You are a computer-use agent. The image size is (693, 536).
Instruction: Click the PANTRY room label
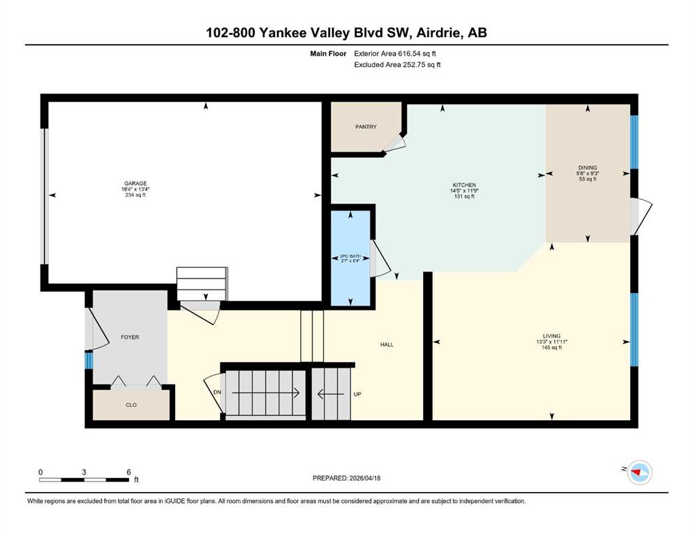click(x=366, y=127)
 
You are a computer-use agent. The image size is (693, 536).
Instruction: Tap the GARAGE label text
click(x=135, y=184)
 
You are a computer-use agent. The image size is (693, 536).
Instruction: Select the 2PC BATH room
click(x=351, y=258)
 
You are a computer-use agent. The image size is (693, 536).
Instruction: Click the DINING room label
click(x=588, y=168)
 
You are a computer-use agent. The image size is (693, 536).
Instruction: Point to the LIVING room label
click(x=551, y=336)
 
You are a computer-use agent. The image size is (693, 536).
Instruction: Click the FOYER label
click(x=130, y=337)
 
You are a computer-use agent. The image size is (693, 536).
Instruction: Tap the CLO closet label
click(x=131, y=405)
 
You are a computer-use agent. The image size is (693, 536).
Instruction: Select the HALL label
click(x=387, y=345)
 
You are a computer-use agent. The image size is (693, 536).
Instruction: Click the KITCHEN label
click(x=464, y=185)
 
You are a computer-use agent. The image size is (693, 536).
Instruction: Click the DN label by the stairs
click(x=217, y=392)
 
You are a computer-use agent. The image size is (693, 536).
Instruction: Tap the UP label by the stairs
click(x=357, y=394)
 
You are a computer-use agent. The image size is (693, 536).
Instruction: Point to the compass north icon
click(x=639, y=472)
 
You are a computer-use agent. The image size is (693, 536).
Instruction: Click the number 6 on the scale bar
click(x=128, y=472)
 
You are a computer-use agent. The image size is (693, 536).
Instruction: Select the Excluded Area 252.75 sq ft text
click(x=397, y=64)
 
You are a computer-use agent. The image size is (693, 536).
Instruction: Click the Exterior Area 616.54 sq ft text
click(x=395, y=54)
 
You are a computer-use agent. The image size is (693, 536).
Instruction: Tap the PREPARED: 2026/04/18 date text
click(x=346, y=478)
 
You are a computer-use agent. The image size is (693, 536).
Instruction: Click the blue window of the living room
click(x=634, y=329)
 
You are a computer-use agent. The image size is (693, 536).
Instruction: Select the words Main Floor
click(x=328, y=54)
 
